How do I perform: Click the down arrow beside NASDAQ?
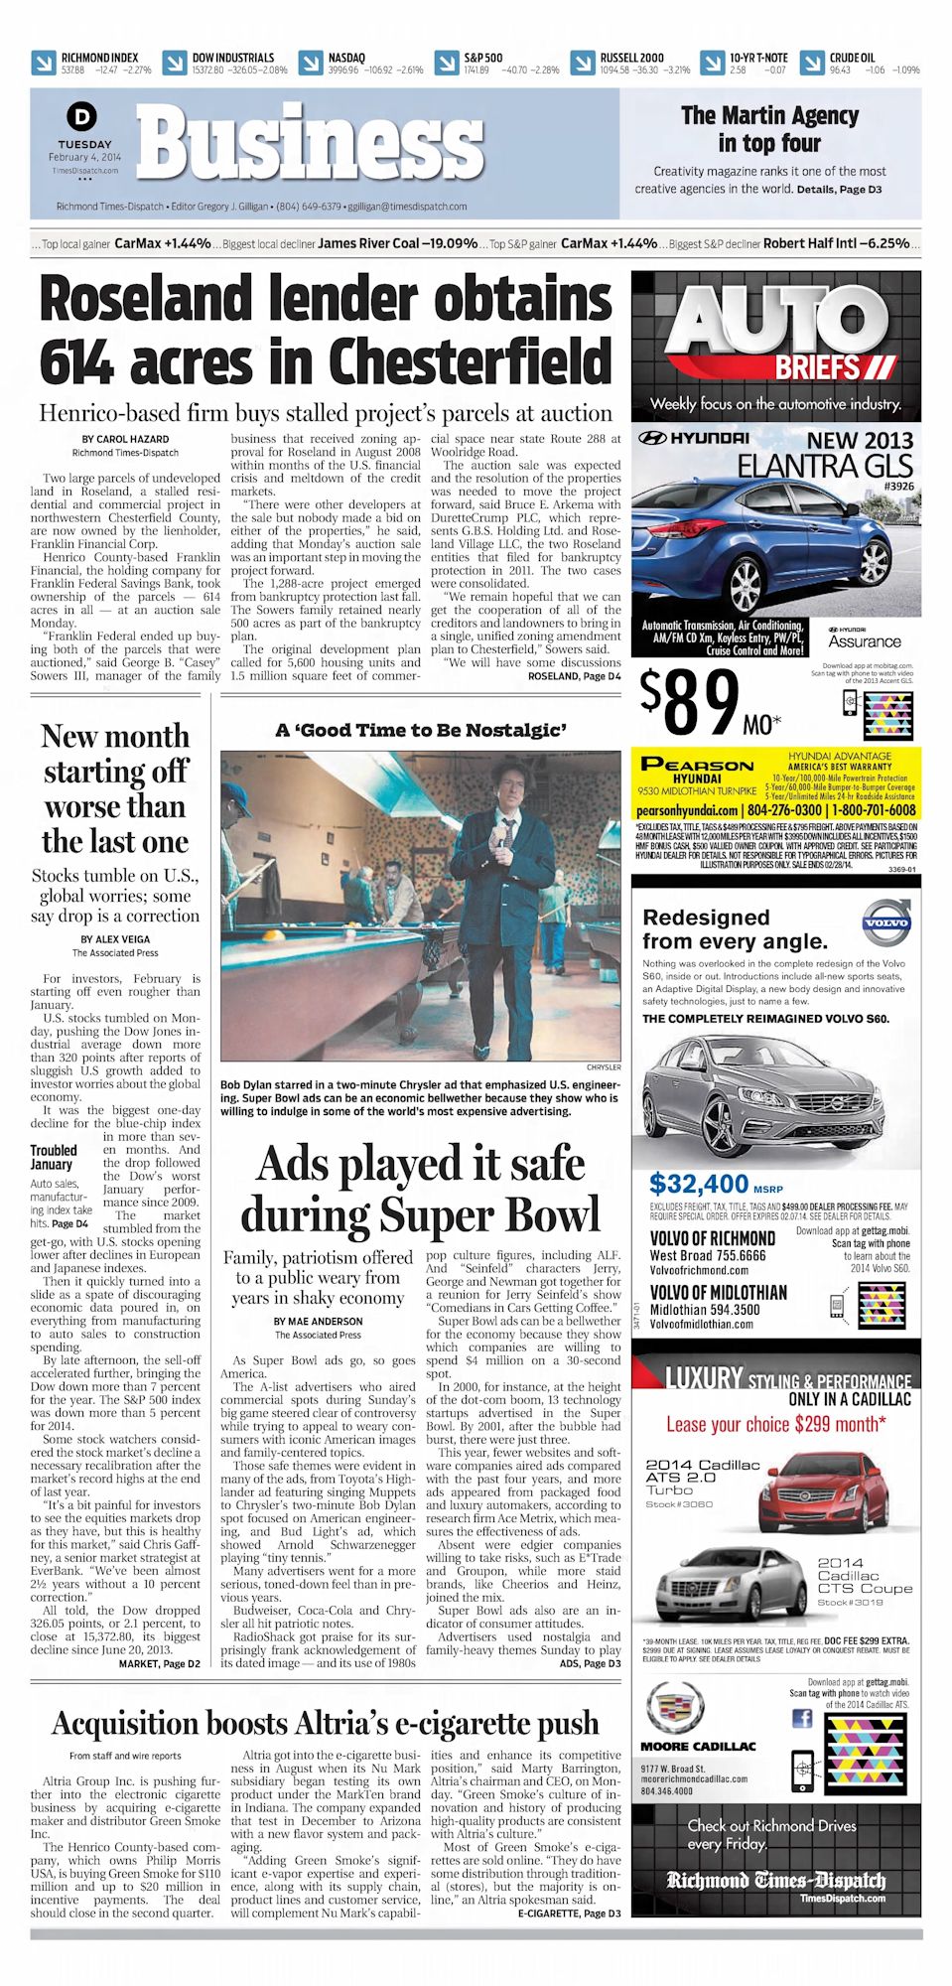311,63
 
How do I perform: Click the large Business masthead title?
311,145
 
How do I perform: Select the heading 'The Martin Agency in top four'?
769,129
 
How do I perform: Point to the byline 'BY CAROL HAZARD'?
125,439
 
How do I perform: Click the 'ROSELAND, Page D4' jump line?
574,676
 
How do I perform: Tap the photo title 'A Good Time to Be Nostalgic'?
421,731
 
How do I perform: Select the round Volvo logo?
884,922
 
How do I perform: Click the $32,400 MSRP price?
699,1184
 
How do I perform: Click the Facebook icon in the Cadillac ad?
801,1719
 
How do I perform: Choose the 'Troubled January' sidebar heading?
53,1157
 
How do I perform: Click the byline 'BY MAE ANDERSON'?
318,1322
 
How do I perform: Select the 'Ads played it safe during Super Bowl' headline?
421,1190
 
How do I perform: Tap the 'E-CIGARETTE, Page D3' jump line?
569,1913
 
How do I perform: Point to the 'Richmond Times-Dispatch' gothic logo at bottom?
775,1880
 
